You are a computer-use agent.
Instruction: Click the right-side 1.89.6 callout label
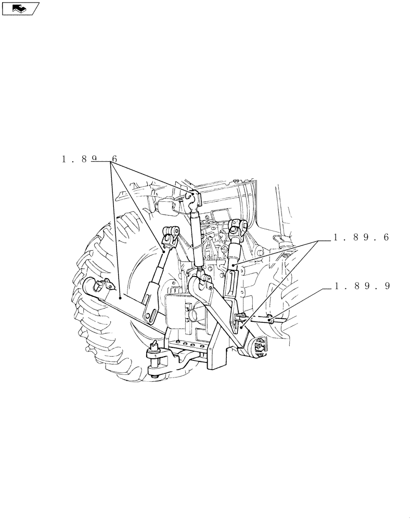(x=362, y=237)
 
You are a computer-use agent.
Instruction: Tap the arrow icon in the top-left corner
(x=20, y=8)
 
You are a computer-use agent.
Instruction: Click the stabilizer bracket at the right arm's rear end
(x=259, y=346)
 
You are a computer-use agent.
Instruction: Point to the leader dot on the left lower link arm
(x=121, y=298)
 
